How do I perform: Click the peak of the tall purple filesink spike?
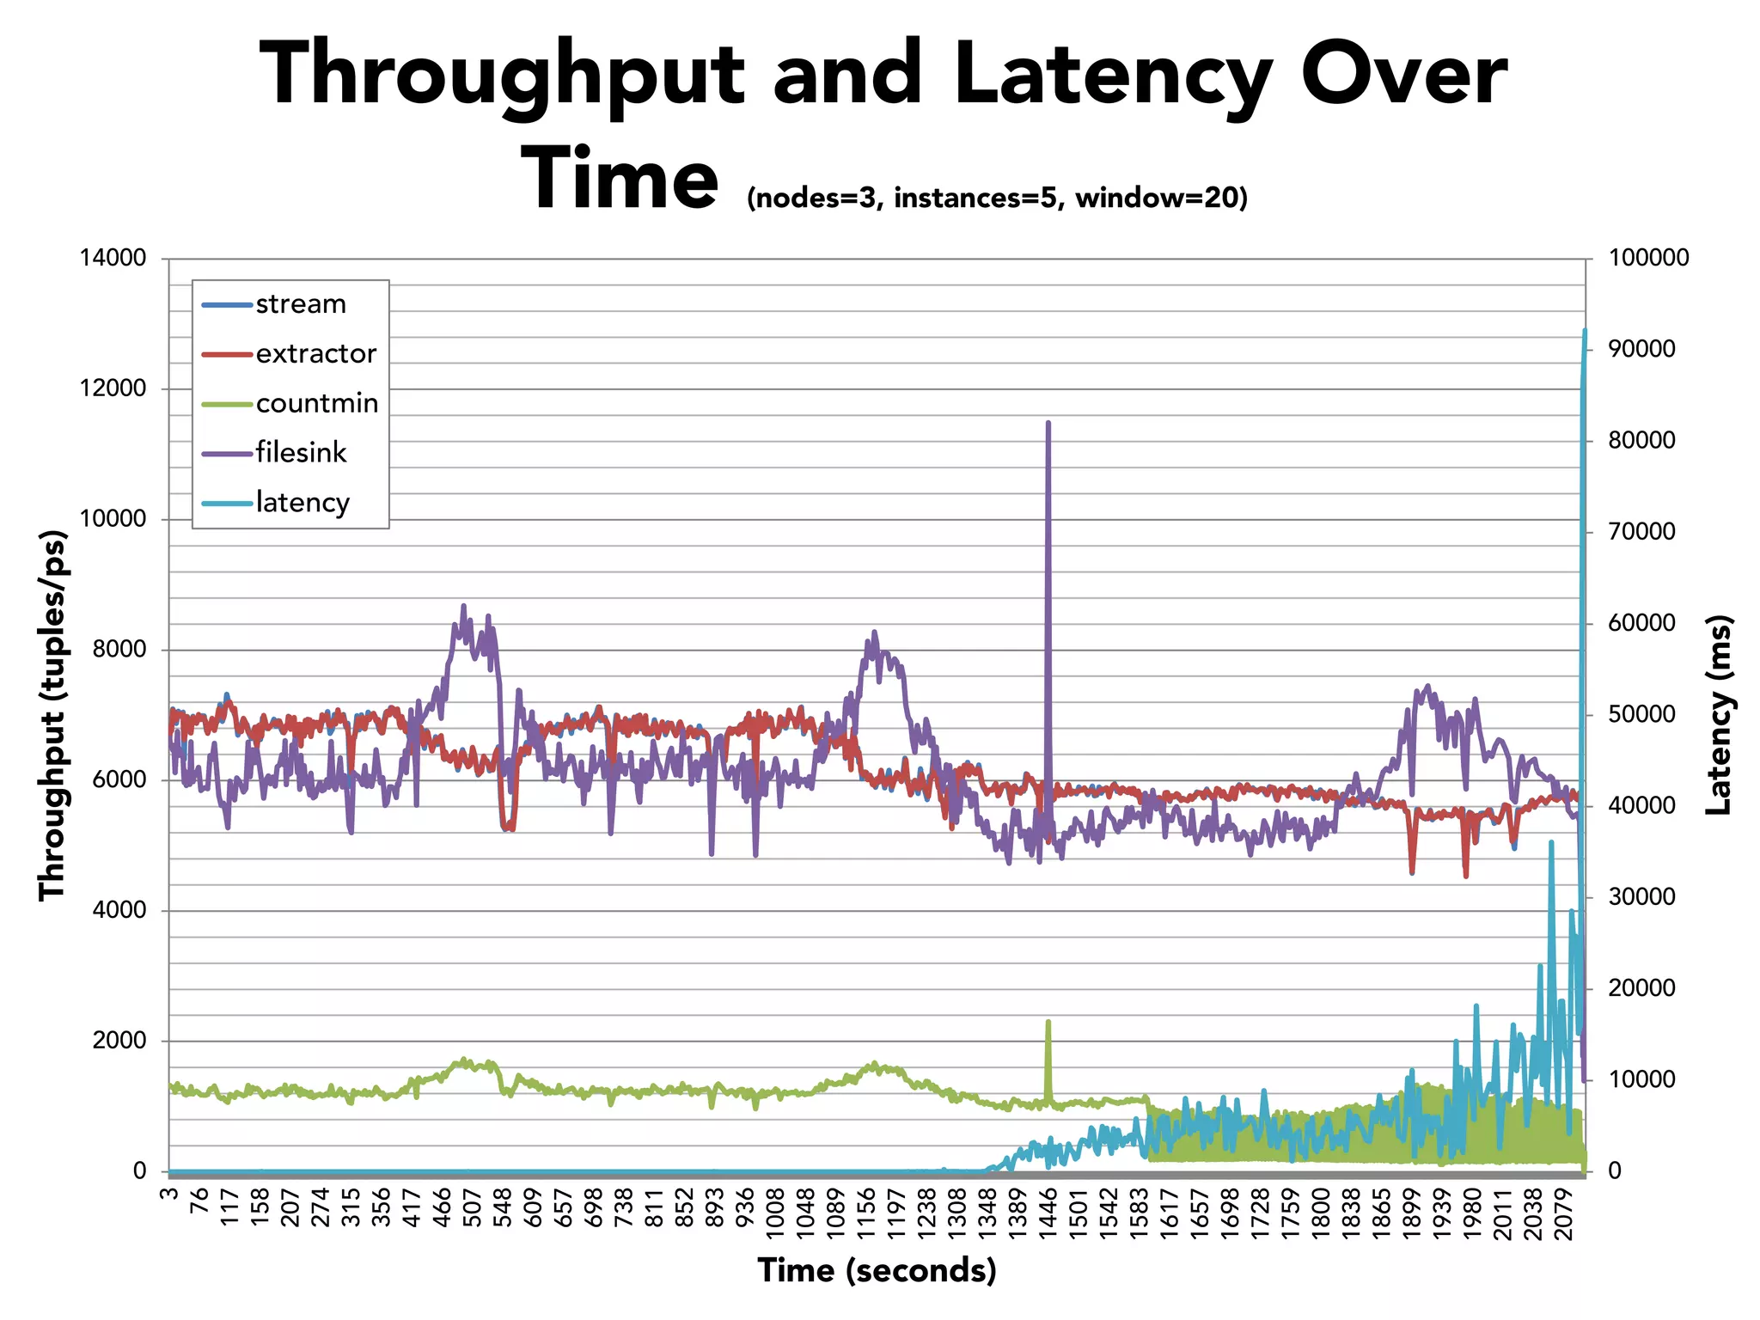click(x=1048, y=423)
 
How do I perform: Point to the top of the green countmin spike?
click(x=1048, y=1022)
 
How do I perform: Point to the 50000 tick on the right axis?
click(x=1642, y=715)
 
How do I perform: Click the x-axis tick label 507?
click(x=472, y=1209)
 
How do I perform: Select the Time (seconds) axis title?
click(x=877, y=1270)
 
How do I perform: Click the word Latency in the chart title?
click(x=1113, y=77)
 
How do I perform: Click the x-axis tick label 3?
click(x=169, y=1195)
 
